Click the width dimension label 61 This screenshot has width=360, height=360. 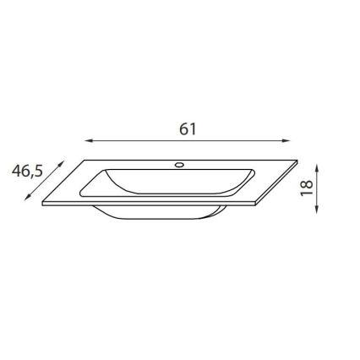coord(188,128)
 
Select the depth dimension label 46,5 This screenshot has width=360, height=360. coord(27,171)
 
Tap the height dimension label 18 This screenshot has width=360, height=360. coord(307,187)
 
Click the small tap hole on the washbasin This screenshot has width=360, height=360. coord(179,163)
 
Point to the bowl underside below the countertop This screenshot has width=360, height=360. coord(161,215)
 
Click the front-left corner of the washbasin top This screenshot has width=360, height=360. coord(45,205)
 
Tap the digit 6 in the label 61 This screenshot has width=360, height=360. coord(183,128)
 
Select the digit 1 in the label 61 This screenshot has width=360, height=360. coord(193,128)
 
